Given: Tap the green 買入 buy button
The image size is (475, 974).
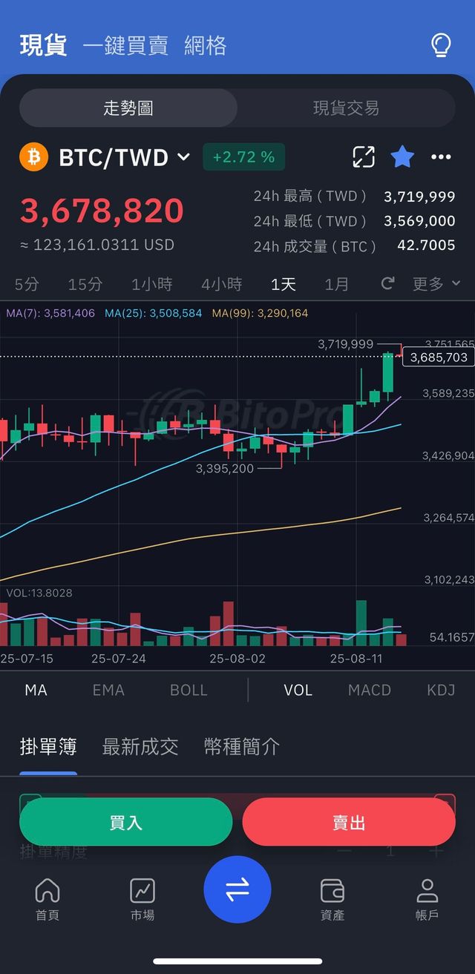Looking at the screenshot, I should (125, 822).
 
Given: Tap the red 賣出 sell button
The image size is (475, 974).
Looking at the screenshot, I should (348, 822).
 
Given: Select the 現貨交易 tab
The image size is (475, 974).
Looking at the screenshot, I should (346, 108).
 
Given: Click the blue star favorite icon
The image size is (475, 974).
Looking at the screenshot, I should (402, 157).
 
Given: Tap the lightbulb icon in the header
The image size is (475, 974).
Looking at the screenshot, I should (441, 45).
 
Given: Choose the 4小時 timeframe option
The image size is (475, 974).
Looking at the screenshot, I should (221, 284).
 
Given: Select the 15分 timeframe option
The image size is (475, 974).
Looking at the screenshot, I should (85, 284).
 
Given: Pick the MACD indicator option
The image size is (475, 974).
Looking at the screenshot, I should (369, 690).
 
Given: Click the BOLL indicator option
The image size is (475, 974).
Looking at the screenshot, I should (189, 690).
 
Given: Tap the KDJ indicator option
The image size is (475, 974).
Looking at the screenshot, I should (441, 690).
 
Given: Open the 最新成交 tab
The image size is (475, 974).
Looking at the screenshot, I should (140, 746).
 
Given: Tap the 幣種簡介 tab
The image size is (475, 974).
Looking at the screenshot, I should (242, 746).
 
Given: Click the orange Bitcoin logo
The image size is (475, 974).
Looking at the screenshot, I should (34, 157).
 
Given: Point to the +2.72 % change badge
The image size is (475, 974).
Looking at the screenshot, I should (243, 157).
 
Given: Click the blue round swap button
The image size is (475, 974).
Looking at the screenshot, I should (237, 889).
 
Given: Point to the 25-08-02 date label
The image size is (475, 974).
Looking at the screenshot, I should (237, 658).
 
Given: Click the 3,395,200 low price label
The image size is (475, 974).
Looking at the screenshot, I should (224, 469).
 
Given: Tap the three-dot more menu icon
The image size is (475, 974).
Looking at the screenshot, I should (441, 157).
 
